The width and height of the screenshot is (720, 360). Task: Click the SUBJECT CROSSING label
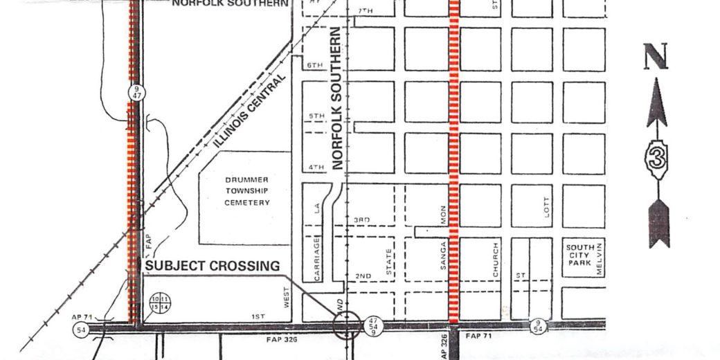click(x=211, y=266)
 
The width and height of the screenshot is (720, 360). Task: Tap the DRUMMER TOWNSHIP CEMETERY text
click(x=247, y=190)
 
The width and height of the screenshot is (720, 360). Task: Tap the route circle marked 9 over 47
click(x=136, y=93)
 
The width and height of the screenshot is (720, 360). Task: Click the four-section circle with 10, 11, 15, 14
click(x=161, y=302)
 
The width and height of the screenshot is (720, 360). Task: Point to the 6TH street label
click(x=315, y=65)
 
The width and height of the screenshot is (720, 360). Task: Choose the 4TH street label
click(x=315, y=168)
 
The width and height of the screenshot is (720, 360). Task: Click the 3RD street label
click(x=362, y=220)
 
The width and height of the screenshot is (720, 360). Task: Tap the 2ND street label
click(x=362, y=276)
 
